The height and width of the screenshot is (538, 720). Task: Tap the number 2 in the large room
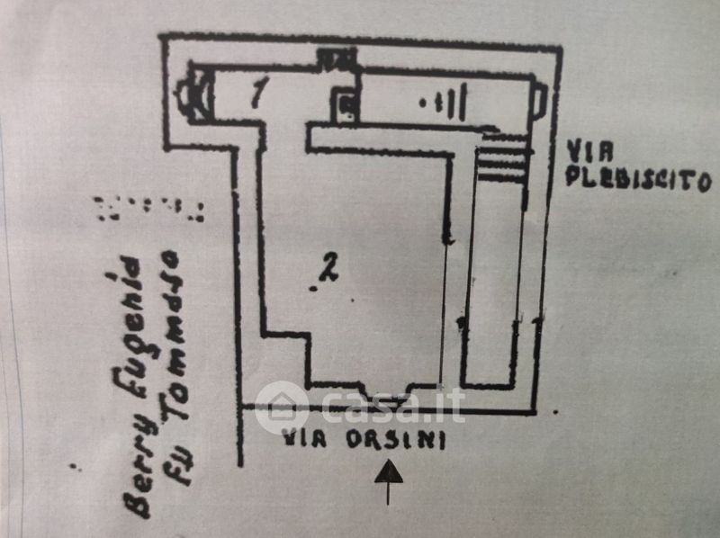click(x=329, y=266)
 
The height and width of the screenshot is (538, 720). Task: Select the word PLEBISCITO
click(x=638, y=177)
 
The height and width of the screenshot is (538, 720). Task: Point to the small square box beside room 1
click(x=345, y=106)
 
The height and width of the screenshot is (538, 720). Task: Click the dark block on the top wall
click(x=337, y=59)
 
